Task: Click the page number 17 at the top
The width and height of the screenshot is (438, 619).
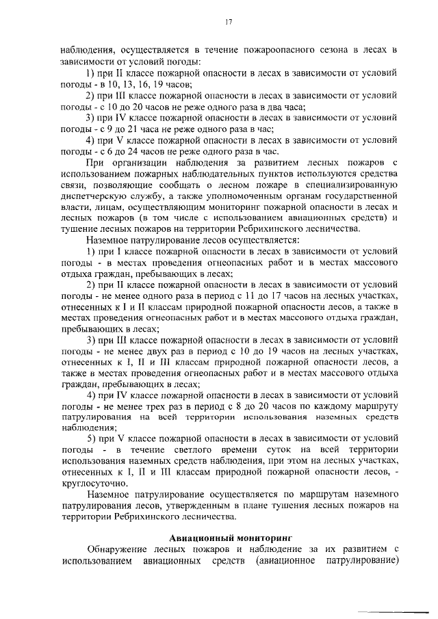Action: (x=229, y=22)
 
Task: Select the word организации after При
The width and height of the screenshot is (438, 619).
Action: (x=140, y=161)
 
